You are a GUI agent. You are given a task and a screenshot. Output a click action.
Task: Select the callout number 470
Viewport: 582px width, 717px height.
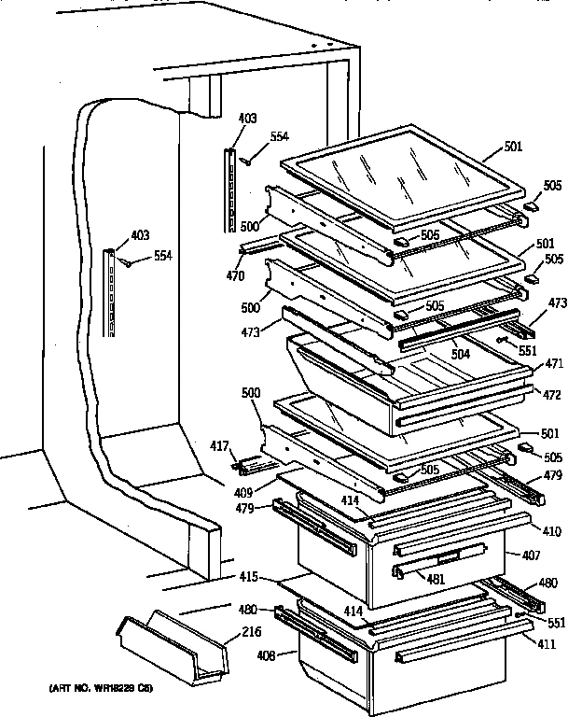click(237, 276)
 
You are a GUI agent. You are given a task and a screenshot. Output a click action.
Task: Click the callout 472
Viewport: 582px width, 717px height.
click(551, 396)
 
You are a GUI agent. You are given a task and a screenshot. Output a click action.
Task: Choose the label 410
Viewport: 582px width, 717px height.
click(551, 532)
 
